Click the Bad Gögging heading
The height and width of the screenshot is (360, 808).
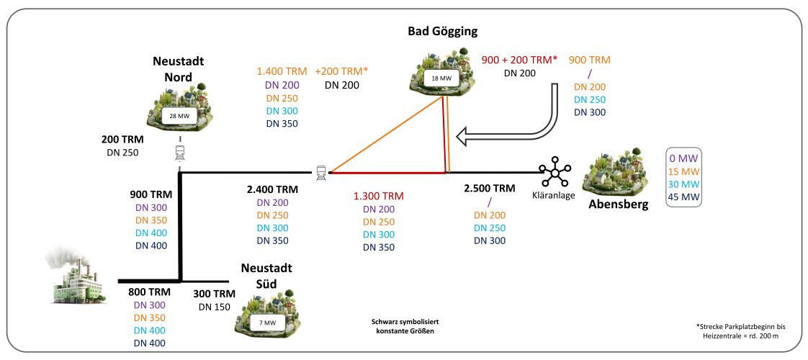(441, 32)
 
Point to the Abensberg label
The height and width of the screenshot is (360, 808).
(618, 204)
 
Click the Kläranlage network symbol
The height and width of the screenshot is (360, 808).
(556, 173)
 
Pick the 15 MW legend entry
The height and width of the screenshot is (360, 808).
(684, 171)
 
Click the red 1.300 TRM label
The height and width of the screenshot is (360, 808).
(378, 196)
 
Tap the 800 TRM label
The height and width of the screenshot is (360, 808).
(148, 293)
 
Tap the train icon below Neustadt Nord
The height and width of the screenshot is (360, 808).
(179, 152)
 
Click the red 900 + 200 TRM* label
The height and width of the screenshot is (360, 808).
(520, 60)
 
